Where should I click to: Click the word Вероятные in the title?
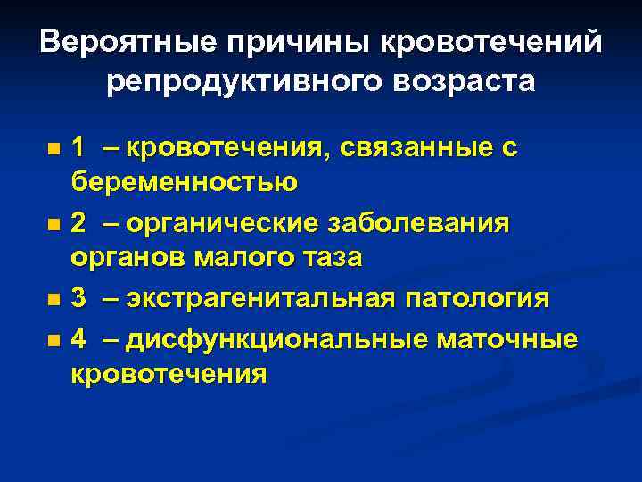click(x=125, y=42)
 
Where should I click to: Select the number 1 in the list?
click(x=78, y=146)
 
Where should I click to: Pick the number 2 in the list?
click(x=79, y=222)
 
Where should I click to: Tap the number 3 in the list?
click(x=79, y=297)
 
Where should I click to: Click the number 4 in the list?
click(x=79, y=338)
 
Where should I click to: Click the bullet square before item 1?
click(x=54, y=147)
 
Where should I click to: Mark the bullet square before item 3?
click(x=54, y=299)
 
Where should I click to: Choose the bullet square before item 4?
click(x=54, y=339)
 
